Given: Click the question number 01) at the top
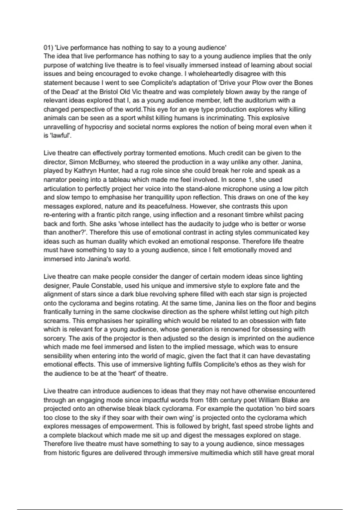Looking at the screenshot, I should (48, 47).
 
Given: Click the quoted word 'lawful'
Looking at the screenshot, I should (60, 136).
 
